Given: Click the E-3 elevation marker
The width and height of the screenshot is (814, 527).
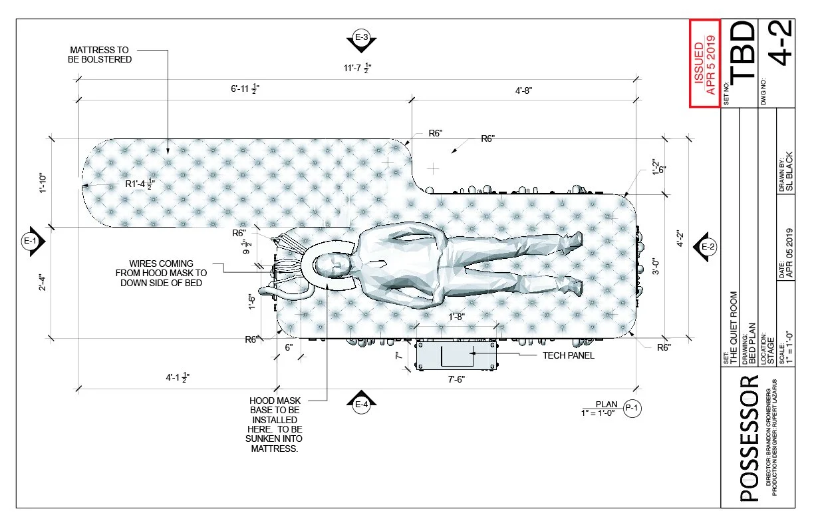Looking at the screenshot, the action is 362,39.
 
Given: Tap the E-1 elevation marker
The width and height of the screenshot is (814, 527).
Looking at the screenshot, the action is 32,241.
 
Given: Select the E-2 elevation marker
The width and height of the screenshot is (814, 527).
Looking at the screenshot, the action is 706,247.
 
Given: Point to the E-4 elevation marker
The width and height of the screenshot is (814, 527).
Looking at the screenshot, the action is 362,403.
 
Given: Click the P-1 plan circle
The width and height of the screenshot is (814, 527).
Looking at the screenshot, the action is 632,408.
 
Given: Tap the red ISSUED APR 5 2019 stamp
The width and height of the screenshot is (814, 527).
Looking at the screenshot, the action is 705,64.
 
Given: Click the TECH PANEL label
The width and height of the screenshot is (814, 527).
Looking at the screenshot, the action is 569,355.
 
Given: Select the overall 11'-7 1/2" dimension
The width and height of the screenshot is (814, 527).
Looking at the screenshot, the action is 358,68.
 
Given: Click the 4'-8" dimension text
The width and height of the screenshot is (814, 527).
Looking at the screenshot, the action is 523,90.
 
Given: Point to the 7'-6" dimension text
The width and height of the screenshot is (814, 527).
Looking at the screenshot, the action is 456,379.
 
